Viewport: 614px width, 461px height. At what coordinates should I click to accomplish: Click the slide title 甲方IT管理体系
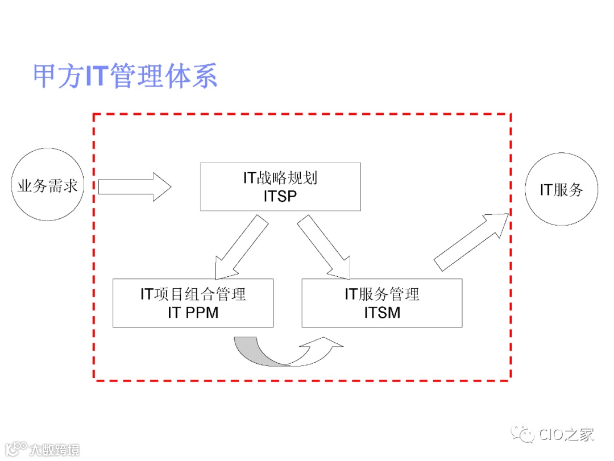pyautogui.click(x=125, y=77)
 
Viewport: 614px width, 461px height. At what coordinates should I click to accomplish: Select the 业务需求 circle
pyautogui.click(x=48, y=185)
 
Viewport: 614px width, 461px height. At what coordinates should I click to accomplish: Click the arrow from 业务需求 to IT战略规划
pyautogui.click(x=134, y=186)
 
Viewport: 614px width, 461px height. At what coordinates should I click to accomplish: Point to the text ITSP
pyautogui.click(x=280, y=196)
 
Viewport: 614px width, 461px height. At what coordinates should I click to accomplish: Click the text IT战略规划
pyautogui.click(x=280, y=178)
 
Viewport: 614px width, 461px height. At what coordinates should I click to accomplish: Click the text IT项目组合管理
pyautogui.click(x=193, y=294)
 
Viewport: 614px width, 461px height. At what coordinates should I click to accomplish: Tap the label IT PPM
pyautogui.click(x=193, y=312)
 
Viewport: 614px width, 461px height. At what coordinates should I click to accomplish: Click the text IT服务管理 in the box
pyautogui.click(x=382, y=294)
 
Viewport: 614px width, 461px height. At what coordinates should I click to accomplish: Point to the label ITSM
pyautogui.click(x=382, y=312)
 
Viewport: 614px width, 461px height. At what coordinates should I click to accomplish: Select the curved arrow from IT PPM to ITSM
pyautogui.click(x=287, y=352)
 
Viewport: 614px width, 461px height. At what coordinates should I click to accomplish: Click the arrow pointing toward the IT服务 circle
pyautogui.click(x=471, y=241)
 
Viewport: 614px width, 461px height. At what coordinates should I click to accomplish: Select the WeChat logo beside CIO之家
pyautogui.click(x=521, y=435)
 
